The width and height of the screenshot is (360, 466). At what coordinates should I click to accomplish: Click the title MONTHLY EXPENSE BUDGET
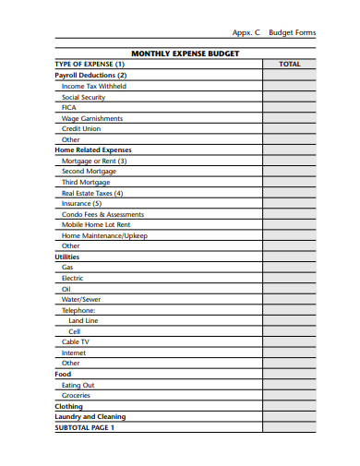click(185, 54)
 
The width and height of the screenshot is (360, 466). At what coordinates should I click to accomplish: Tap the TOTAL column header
click(289, 65)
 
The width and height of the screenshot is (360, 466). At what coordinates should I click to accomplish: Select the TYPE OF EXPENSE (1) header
click(90, 65)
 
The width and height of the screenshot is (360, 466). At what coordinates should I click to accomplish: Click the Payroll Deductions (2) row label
click(90, 75)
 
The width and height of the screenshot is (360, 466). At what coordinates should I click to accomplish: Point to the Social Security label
click(83, 97)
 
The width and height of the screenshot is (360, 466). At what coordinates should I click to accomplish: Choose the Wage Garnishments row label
click(91, 118)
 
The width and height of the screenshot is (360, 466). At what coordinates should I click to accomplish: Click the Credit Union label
click(81, 129)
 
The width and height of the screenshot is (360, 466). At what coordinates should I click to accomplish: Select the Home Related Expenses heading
click(93, 149)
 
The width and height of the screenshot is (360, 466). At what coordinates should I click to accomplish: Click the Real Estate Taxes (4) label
click(92, 193)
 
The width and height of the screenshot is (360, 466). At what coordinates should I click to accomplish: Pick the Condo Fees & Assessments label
click(102, 214)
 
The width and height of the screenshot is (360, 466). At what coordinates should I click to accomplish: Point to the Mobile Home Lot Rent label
click(96, 224)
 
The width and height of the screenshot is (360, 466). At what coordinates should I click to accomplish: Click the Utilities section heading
click(67, 257)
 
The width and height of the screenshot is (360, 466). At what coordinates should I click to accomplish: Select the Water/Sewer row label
click(81, 299)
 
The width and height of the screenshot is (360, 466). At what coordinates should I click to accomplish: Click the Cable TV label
click(76, 341)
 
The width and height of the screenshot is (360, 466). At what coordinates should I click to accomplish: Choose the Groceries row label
click(76, 395)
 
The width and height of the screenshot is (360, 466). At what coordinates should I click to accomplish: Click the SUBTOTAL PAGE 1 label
click(85, 427)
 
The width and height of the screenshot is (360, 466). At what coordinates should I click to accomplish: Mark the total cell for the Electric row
click(289, 278)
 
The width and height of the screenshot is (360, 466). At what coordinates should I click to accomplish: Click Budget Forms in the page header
click(292, 32)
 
